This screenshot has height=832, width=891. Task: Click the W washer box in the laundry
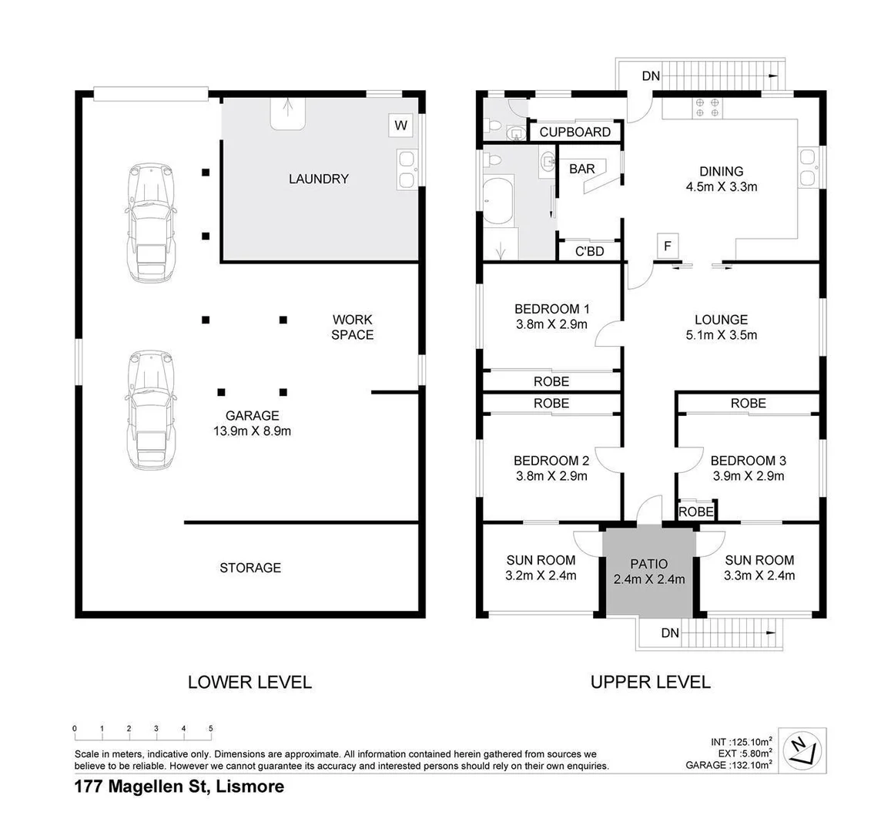coord(400,125)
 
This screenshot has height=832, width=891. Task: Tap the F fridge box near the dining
coord(668,247)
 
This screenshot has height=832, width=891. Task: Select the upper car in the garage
coord(152,223)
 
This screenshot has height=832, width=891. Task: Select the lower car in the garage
coord(152,411)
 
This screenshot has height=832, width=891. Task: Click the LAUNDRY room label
coord(318,179)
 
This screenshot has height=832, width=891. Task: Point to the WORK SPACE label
coord(352,327)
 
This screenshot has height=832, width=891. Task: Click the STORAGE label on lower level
coord(250,568)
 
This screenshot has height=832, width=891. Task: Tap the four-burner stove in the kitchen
coord(707,108)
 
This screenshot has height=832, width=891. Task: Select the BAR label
coord(581,169)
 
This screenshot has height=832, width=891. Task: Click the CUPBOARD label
coord(574,132)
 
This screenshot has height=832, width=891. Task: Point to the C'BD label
coord(590,251)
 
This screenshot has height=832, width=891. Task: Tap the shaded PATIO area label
coord(649,564)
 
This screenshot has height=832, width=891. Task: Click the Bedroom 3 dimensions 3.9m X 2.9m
coord(748,476)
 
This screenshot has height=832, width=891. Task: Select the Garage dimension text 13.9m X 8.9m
coord(252,431)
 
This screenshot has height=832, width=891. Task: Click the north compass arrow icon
coord(801,748)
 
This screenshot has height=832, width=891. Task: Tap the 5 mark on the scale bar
coord(210,729)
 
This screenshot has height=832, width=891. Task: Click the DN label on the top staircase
coord(651,75)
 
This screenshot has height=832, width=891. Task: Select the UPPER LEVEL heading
coord(650,682)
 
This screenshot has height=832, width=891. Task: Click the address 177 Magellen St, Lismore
coord(179,787)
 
